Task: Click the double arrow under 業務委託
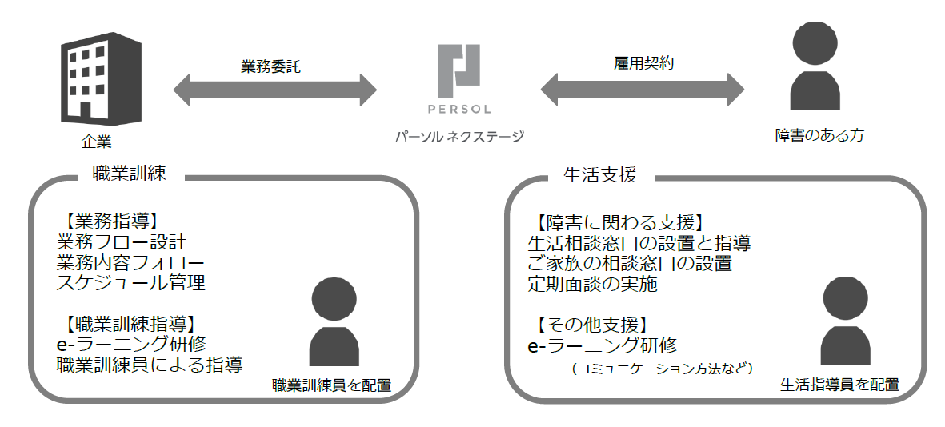pyautogui.click(x=274, y=90)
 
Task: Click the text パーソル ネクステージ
pyautogui.click(x=459, y=137)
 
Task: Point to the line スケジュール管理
pyautogui.click(x=130, y=282)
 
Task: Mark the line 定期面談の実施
pyautogui.click(x=592, y=283)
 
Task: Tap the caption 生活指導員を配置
pyautogui.click(x=839, y=385)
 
